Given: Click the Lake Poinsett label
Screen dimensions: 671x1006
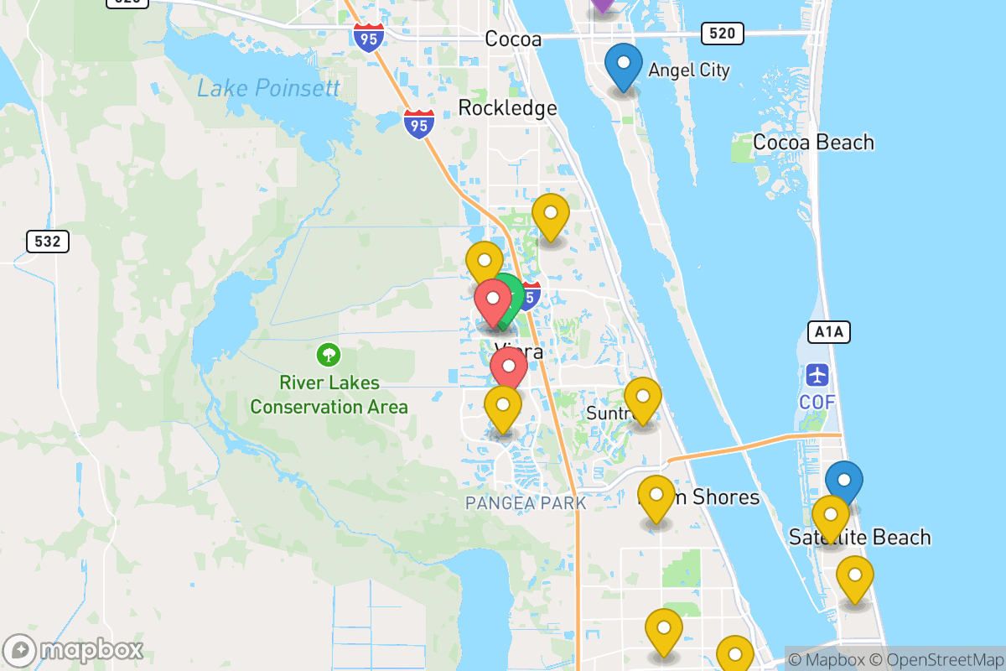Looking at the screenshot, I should click(x=268, y=88).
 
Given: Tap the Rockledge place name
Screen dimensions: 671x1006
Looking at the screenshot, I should click(x=507, y=107).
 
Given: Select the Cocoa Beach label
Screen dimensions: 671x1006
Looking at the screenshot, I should click(x=813, y=142).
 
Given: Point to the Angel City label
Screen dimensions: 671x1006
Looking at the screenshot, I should click(x=689, y=70).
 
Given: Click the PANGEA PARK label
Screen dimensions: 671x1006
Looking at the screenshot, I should click(x=526, y=503).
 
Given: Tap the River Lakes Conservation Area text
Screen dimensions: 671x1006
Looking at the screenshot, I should click(x=329, y=395).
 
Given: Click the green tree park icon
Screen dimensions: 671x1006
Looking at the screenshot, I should click(x=328, y=355).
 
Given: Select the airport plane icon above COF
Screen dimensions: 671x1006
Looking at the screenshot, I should click(x=817, y=374).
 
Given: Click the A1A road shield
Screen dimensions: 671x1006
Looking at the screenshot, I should click(x=829, y=332).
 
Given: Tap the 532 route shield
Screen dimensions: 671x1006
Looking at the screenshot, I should click(x=48, y=242).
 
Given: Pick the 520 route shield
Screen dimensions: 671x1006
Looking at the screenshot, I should click(x=722, y=34).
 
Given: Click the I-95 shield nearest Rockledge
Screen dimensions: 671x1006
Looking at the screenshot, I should click(x=418, y=124).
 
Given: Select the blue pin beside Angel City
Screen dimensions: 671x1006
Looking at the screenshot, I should click(x=624, y=65).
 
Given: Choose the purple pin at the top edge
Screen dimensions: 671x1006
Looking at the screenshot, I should click(x=602, y=4).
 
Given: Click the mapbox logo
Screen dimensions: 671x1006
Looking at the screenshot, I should click(x=74, y=650).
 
